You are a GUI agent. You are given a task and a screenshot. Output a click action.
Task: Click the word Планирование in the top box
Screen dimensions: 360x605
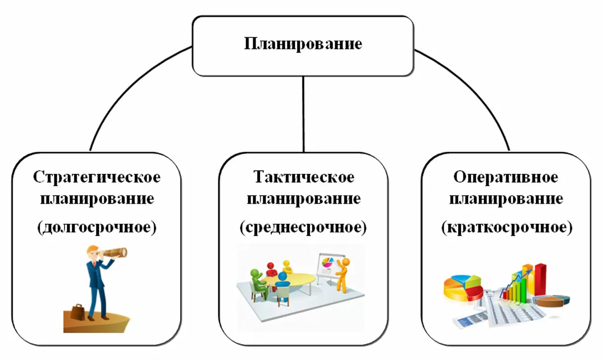(x=303, y=44)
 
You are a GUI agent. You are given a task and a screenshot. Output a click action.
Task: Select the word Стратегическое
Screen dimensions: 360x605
(x=97, y=177)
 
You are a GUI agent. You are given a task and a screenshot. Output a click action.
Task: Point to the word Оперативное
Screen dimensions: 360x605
(x=506, y=177)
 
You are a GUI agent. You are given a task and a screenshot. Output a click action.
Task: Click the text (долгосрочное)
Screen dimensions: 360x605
(x=97, y=227)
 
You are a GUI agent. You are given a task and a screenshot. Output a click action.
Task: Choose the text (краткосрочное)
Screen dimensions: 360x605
(x=507, y=228)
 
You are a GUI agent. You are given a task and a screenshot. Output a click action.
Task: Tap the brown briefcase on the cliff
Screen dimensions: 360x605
(x=78, y=311)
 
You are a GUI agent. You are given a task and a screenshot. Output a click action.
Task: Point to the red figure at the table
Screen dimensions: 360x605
(x=271, y=267)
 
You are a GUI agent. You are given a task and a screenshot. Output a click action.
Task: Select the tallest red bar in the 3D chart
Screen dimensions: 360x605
(x=540, y=280)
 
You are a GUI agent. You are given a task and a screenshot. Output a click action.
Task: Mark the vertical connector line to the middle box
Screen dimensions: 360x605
(x=303, y=113)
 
